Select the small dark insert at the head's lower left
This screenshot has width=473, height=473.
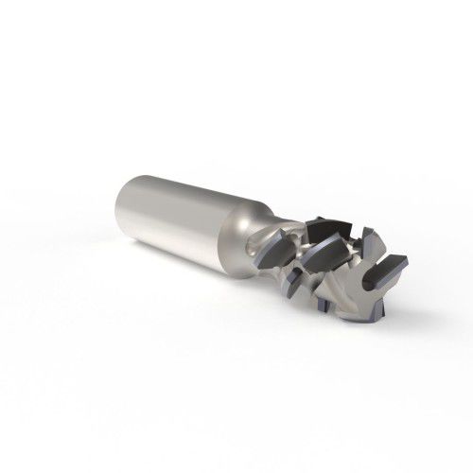pos(294,279)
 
